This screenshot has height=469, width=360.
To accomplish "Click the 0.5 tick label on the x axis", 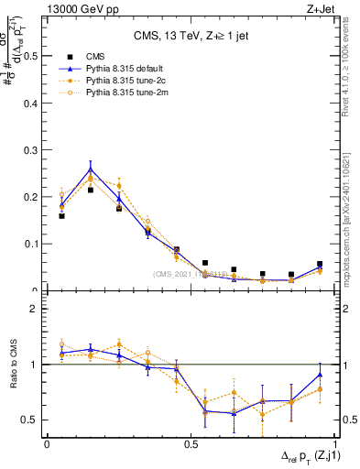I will click(x=191, y=443).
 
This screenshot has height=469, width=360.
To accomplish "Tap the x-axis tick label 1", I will click(x=334, y=443).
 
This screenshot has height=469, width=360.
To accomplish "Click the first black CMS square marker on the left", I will click(x=61, y=216).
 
